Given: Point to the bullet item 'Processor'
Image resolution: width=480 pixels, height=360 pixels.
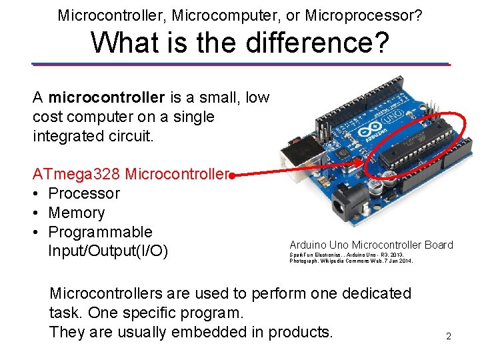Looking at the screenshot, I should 84,194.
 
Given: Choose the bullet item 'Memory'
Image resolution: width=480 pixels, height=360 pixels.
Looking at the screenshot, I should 77,213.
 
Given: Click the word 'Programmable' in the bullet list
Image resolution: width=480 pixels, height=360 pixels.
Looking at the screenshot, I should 101,233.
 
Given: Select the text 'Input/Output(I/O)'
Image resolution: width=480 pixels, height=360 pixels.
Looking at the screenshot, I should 107,252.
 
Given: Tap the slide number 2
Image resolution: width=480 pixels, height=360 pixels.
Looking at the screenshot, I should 449,337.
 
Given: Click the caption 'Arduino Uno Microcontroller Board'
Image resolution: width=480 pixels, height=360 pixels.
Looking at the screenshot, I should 371,245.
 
